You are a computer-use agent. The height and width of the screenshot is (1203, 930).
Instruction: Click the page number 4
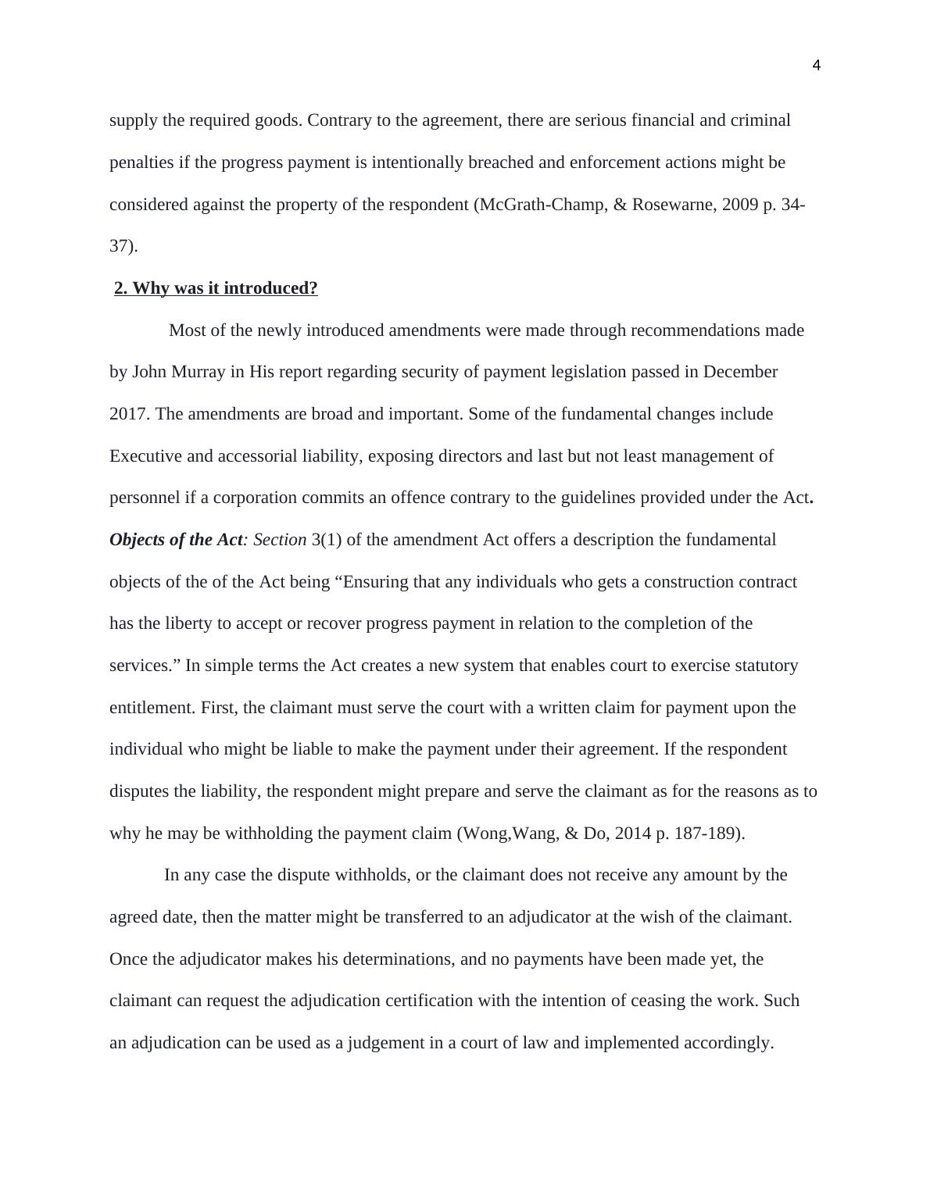tap(816, 66)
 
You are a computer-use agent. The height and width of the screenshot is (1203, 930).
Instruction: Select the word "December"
tap(740, 372)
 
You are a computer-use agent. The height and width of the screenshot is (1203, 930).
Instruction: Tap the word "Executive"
tap(145, 456)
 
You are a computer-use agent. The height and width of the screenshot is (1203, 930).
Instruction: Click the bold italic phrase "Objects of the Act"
tap(176, 540)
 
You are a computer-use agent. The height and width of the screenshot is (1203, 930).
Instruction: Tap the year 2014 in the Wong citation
tap(632, 834)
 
